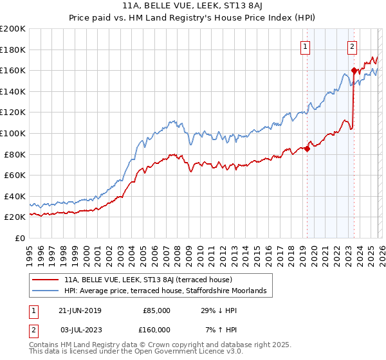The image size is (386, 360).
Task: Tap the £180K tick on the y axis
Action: click(x=13, y=50)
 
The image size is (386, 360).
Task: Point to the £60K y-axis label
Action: click(x=14, y=175)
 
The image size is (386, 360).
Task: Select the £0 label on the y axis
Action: click(x=19, y=238)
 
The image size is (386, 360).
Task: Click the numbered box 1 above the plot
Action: click(x=305, y=46)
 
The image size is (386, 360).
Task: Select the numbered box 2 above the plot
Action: click(x=353, y=46)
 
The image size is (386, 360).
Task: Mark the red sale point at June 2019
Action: click(x=307, y=149)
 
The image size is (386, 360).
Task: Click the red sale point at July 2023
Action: click(x=354, y=71)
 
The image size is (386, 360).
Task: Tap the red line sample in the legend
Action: click(x=46, y=280)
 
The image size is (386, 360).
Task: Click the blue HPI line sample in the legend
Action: click(x=46, y=291)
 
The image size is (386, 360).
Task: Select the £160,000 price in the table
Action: click(x=156, y=330)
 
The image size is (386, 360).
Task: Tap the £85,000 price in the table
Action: click(x=156, y=310)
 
